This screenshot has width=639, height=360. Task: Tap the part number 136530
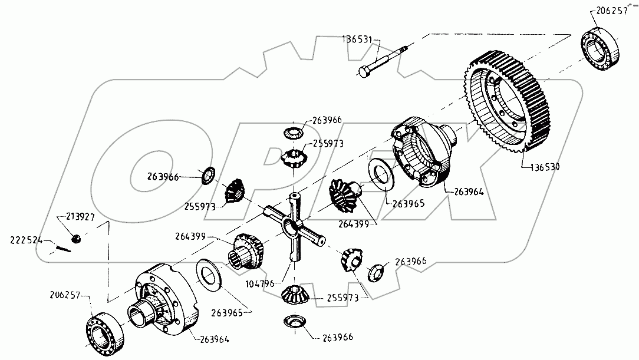541,167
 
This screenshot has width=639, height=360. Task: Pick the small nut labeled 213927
75,238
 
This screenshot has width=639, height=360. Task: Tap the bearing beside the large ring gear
601,47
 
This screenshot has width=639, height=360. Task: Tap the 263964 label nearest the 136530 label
470,190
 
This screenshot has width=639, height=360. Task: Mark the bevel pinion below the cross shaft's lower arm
295,294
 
